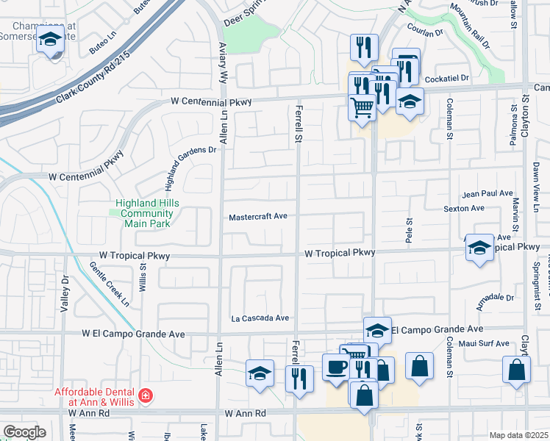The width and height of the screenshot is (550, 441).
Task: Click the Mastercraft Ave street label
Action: tap(257, 217)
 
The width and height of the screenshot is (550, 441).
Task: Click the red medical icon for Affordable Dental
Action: tap(146, 396)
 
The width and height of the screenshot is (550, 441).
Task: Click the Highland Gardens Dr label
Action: tap(189, 161)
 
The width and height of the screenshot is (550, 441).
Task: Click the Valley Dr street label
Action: tap(65, 295)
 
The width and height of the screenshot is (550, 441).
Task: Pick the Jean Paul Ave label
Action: tap(487, 193)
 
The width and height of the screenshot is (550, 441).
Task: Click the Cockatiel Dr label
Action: tap(446, 76)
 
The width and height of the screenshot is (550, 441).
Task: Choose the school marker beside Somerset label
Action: tap(50, 40)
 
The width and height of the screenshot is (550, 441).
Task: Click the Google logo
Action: tap(24, 432)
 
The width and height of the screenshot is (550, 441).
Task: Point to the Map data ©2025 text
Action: tap(518, 435)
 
